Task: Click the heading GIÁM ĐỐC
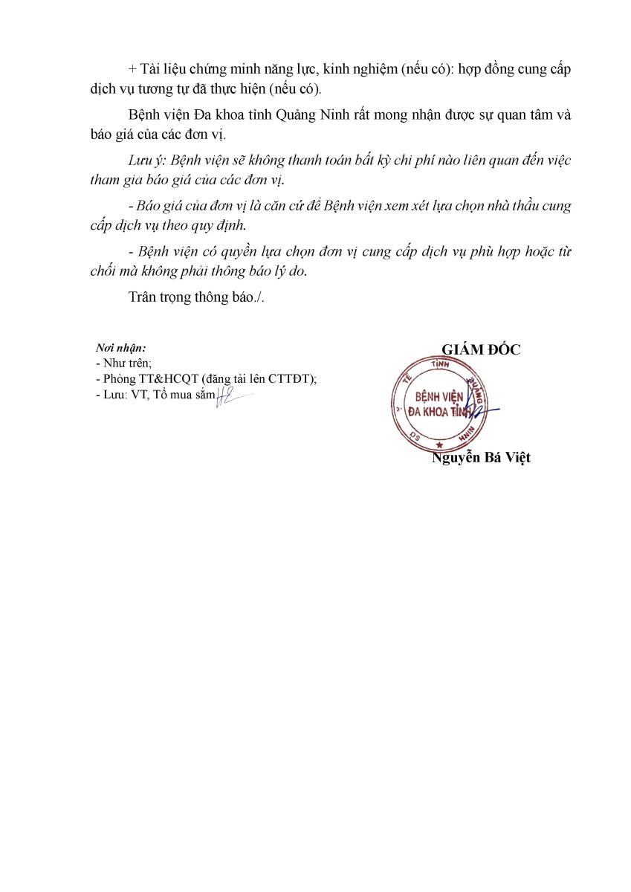click(x=481, y=350)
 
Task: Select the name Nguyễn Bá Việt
click(x=481, y=458)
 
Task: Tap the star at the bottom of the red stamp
click(x=439, y=445)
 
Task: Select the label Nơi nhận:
click(x=121, y=348)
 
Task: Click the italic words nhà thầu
click(x=505, y=206)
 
